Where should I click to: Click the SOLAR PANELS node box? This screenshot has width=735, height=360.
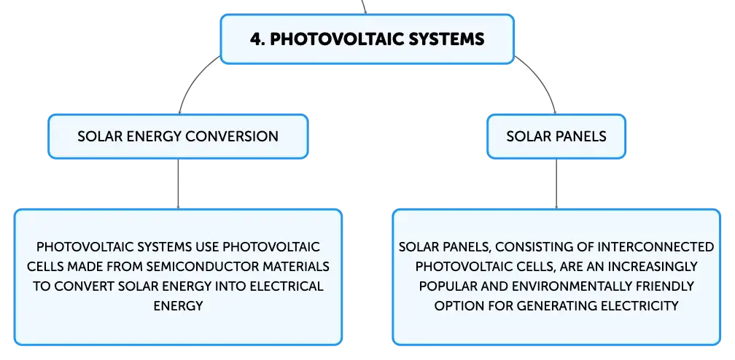556,136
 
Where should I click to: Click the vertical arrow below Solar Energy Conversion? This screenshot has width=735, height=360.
178,184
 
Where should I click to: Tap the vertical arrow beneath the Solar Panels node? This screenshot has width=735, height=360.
556,184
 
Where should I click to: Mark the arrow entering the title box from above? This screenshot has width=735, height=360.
365,7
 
